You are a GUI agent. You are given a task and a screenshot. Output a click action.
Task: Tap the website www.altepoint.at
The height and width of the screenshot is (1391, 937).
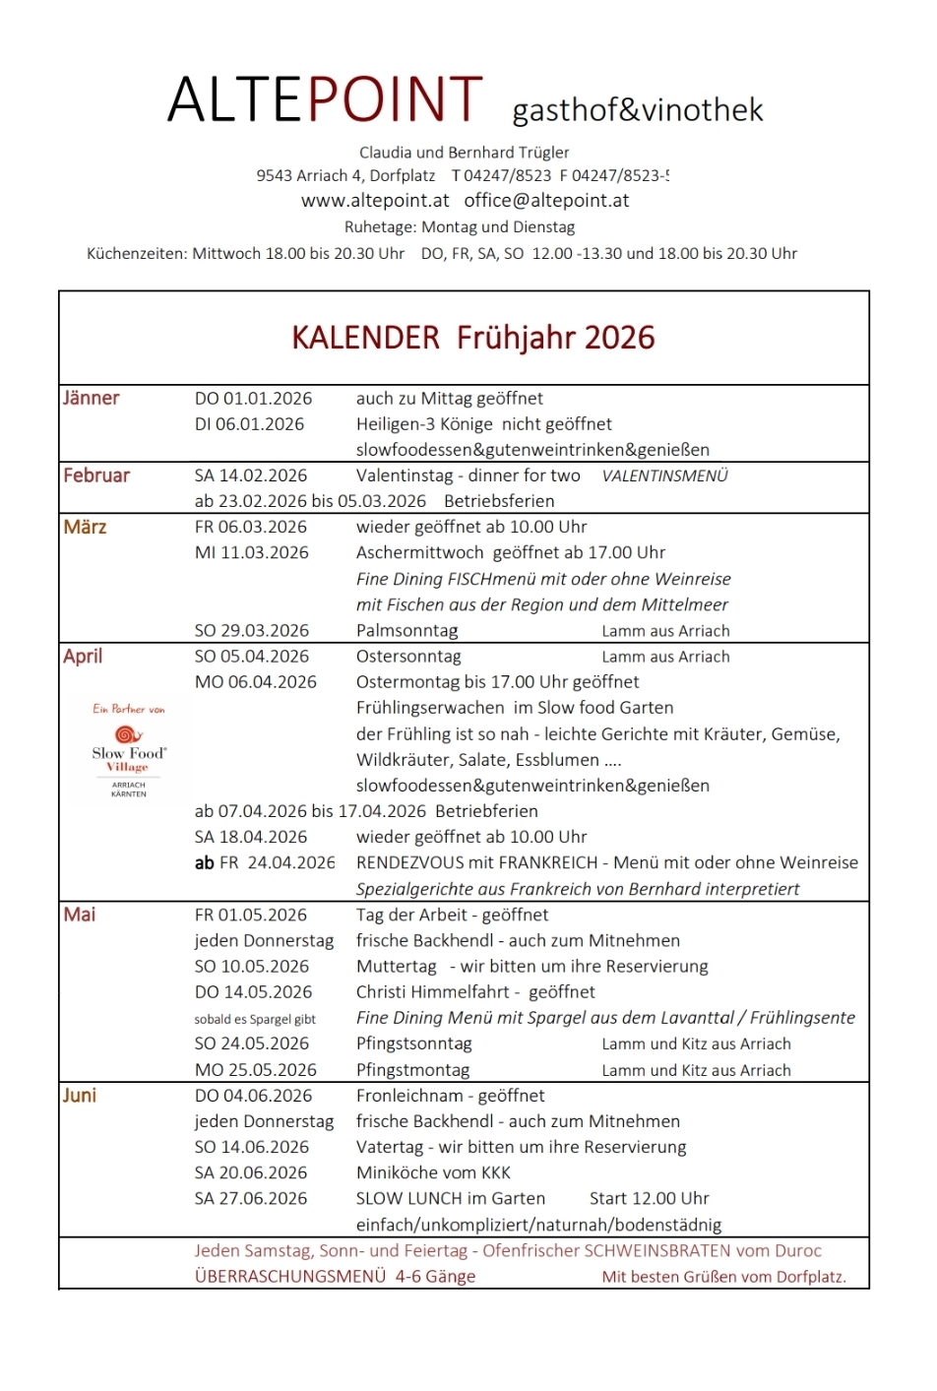point(375,201)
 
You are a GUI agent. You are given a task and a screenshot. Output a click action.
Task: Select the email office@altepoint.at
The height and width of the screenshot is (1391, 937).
point(546,201)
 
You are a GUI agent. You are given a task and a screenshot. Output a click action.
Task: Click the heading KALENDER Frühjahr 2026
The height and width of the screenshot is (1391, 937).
point(472,338)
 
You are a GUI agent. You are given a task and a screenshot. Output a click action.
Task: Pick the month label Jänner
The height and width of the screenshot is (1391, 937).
point(91,399)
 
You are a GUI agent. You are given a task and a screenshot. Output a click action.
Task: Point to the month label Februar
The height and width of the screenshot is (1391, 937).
point(96,475)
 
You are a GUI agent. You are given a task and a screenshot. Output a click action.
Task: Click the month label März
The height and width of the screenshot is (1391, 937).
point(85,528)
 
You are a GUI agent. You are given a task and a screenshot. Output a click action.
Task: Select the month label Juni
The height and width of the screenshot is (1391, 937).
point(80,1096)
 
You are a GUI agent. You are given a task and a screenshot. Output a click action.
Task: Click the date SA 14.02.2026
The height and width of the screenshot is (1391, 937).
point(251,475)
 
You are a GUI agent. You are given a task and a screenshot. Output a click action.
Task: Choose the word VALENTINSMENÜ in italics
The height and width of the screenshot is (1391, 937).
point(664,476)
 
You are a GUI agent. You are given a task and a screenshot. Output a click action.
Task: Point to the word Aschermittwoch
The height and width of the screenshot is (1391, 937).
point(420,553)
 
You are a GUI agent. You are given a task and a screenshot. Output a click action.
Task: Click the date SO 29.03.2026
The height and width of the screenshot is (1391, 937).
point(252,631)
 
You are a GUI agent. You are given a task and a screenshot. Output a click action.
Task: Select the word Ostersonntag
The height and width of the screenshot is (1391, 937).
point(408,657)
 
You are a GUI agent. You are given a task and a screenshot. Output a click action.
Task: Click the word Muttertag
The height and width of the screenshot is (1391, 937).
point(396,967)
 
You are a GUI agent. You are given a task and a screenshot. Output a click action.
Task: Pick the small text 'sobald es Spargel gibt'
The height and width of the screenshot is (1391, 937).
point(255,1020)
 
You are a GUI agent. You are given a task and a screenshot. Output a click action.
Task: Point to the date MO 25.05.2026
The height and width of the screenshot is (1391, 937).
point(256,1070)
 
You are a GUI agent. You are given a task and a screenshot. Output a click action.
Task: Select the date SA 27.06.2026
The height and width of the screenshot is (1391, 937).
point(251,1199)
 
